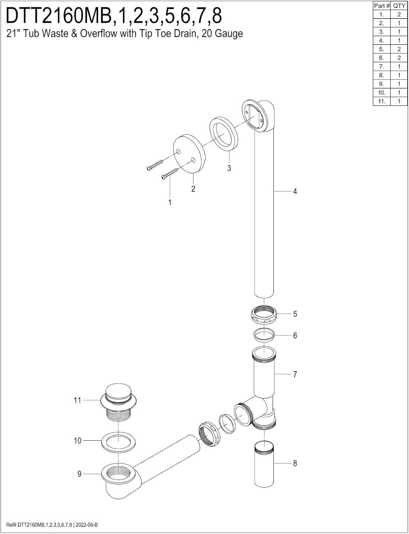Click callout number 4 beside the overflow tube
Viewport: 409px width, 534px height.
[295, 192]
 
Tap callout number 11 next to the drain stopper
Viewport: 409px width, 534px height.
[78, 400]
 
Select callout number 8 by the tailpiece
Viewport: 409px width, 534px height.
[295, 463]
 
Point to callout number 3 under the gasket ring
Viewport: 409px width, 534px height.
[229, 168]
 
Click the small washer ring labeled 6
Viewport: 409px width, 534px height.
[264, 335]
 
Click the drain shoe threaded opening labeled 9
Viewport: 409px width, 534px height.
[117, 473]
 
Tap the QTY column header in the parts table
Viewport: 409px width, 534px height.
[399, 6]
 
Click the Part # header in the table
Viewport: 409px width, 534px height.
[382, 6]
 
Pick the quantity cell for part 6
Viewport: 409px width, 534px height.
[399, 58]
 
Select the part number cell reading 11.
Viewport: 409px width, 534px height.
[382, 101]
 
